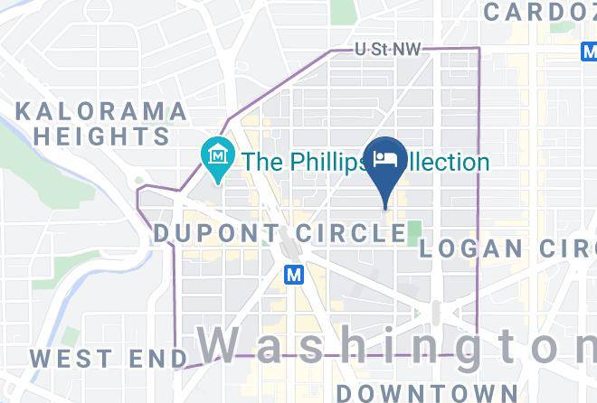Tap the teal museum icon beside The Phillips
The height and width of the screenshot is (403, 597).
click(x=217, y=162)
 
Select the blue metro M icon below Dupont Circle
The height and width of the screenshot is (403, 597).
click(x=293, y=274)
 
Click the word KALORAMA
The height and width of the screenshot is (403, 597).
click(x=100, y=112)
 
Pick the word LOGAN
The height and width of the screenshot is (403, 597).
click(x=471, y=248)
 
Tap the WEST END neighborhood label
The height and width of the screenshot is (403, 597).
click(x=108, y=358)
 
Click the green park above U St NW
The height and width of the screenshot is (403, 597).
click(x=342, y=11)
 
